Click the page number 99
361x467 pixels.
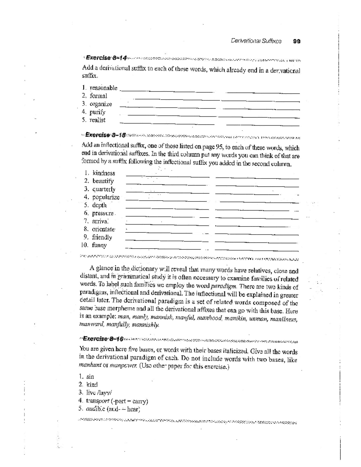296,41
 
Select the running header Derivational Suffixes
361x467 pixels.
256,41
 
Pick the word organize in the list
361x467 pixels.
100,104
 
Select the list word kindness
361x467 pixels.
103,173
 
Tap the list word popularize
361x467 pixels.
106,197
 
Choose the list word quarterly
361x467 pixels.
104,189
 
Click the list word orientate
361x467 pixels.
103,229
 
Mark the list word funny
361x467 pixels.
99,245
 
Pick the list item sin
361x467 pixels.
90,376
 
